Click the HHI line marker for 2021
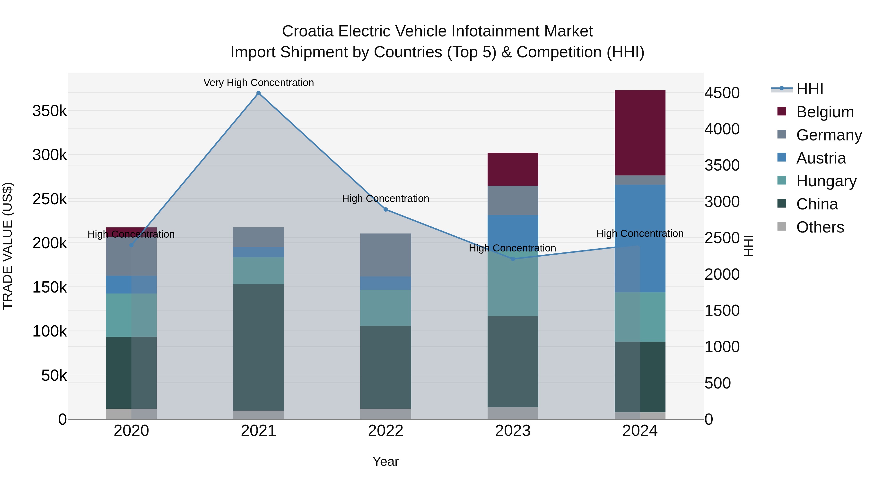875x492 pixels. tap(259, 93)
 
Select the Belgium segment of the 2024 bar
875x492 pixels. tap(640, 133)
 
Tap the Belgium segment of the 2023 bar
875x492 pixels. tap(513, 169)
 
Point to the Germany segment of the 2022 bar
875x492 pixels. tap(385, 255)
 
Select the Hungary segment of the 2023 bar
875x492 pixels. tap(513, 285)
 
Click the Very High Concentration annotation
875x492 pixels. tap(259, 83)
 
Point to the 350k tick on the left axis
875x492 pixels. tap(50, 111)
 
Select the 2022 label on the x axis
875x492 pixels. tap(385, 431)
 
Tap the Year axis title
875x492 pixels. tap(385, 461)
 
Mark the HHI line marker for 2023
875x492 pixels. tap(513, 259)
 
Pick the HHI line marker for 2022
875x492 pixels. tap(385, 209)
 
